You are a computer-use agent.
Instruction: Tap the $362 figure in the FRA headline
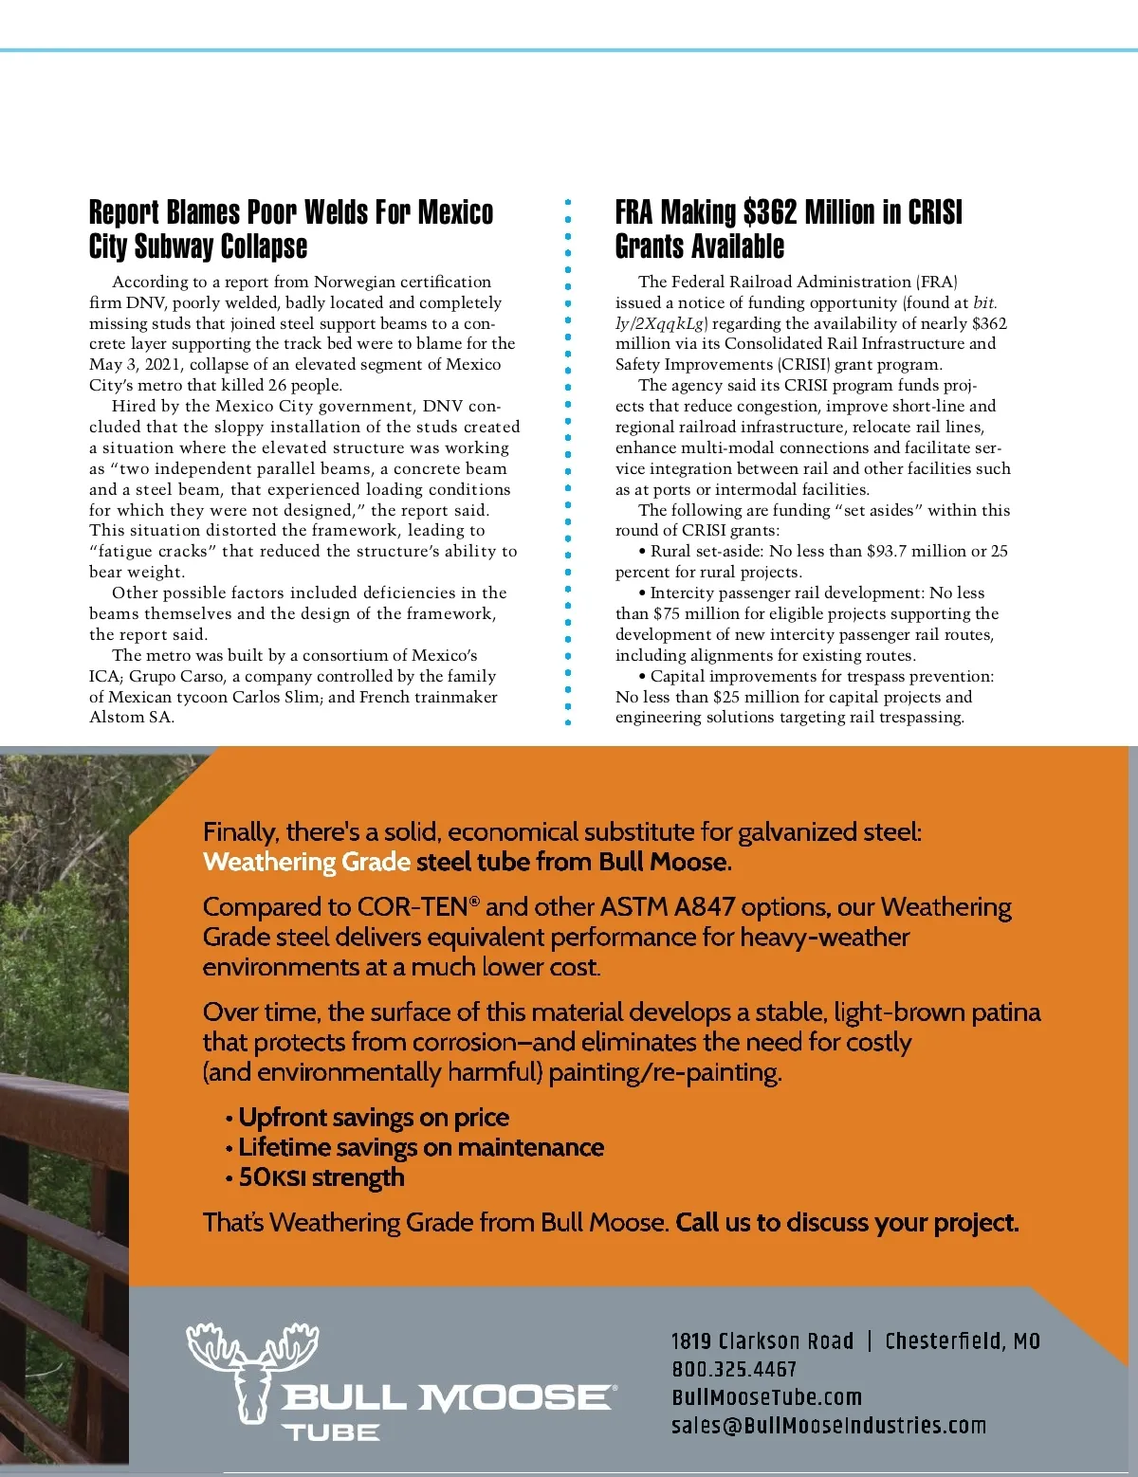[769, 212]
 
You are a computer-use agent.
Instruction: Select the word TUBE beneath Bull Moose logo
[331, 1432]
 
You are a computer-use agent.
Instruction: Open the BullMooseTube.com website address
[766, 1397]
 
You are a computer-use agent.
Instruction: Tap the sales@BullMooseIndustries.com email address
[828, 1426]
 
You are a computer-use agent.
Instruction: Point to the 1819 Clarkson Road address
[762, 1341]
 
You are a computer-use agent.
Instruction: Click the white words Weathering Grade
[306, 862]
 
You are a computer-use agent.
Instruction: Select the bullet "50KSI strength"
[321, 1177]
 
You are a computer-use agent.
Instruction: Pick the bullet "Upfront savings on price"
[373, 1118]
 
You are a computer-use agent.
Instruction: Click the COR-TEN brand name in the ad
[413, 907]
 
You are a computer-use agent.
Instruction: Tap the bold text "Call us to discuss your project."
[847, 1223]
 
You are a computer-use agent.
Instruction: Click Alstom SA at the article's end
[132, 718]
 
